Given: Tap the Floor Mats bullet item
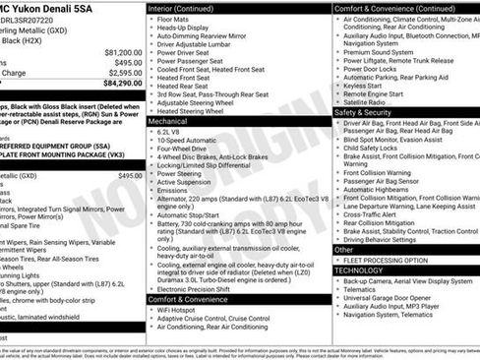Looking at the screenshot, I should pyautogui.click(x=178, y=18).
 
